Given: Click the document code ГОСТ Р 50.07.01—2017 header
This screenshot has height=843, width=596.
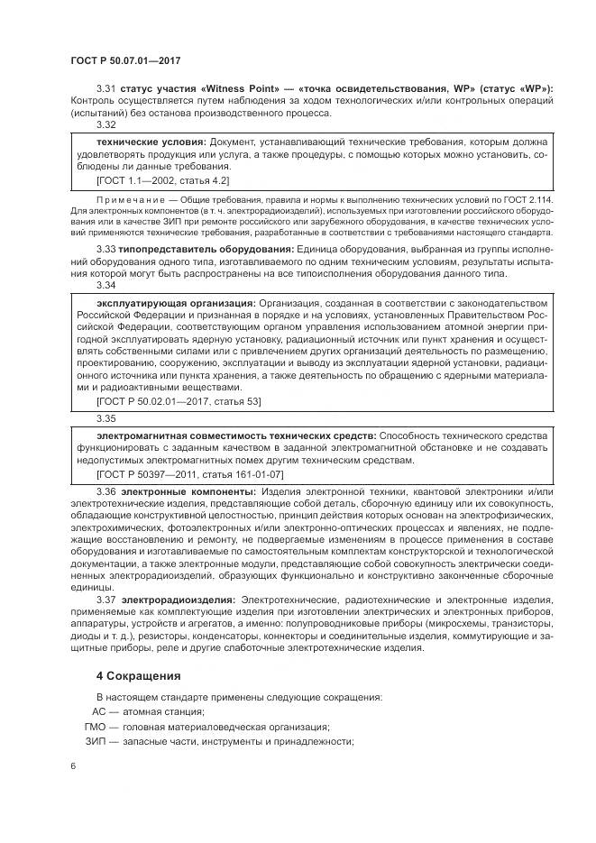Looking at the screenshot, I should [x=125, y=60].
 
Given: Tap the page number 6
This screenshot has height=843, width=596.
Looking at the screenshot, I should [x=72, y=766].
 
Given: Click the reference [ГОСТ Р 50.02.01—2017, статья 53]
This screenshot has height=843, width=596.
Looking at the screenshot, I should [x=179, y=400].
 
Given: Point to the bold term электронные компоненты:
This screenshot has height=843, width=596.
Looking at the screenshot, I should [x=188, y=491].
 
